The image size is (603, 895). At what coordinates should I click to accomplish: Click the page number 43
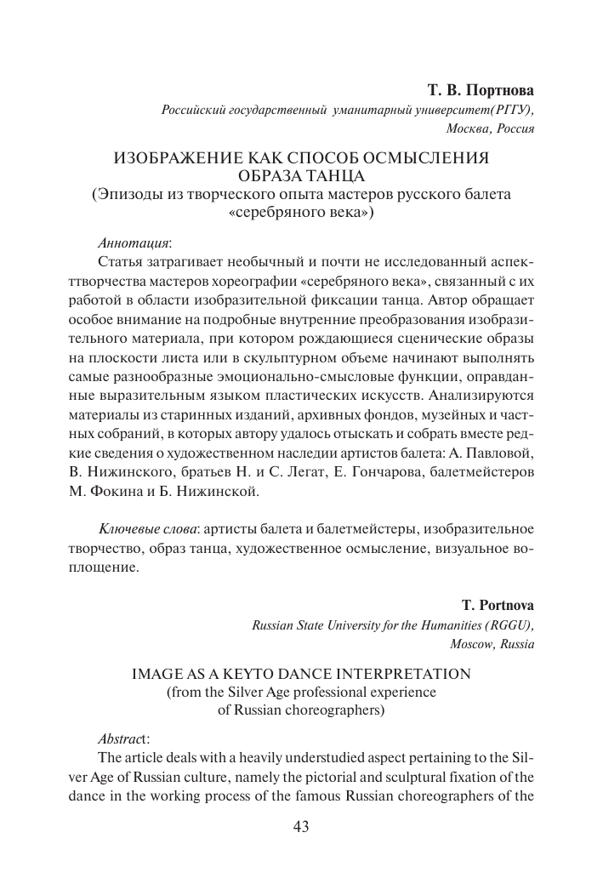(301, 826)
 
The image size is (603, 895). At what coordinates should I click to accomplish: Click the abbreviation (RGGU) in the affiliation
(512, 625)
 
